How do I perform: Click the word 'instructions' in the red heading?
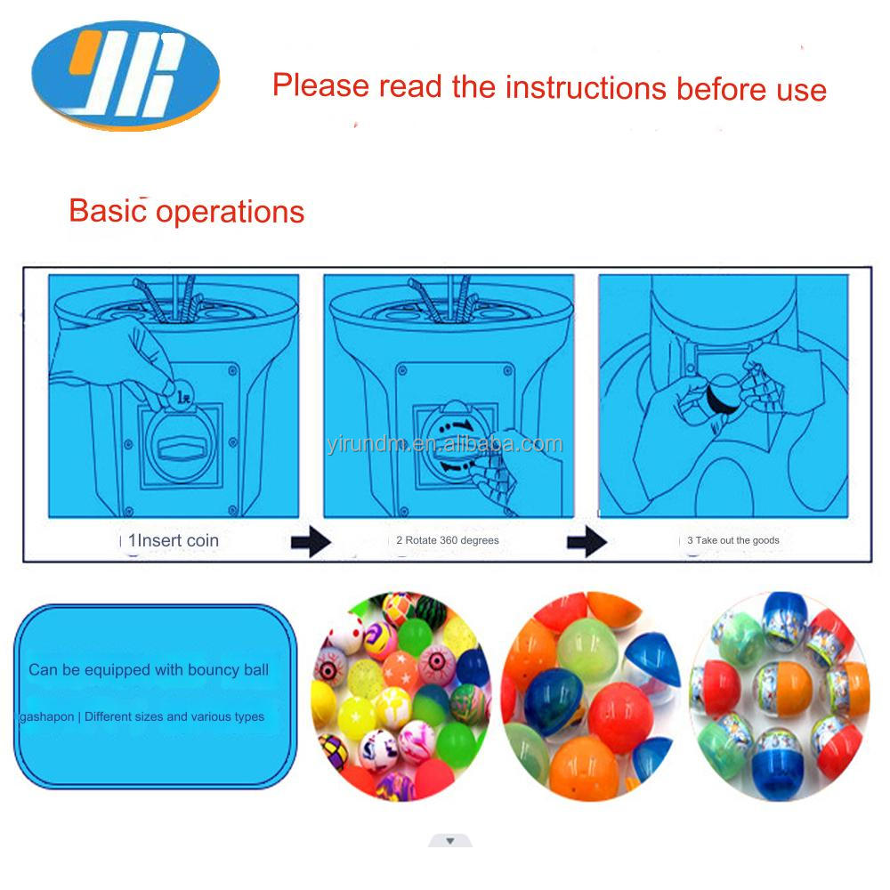[x=586, y=87]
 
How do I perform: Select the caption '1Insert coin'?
[x=174, y=540]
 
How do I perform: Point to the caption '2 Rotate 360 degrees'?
[x=448, y=540]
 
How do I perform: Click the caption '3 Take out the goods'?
[x=733, y=540]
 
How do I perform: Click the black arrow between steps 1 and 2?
[x=311, y=542]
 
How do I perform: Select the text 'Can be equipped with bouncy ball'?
[x=149, y=669]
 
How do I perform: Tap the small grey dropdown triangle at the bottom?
[x=450, y=840]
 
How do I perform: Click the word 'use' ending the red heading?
[x=801, y=89]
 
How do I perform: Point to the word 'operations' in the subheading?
[x=231, y=213]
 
